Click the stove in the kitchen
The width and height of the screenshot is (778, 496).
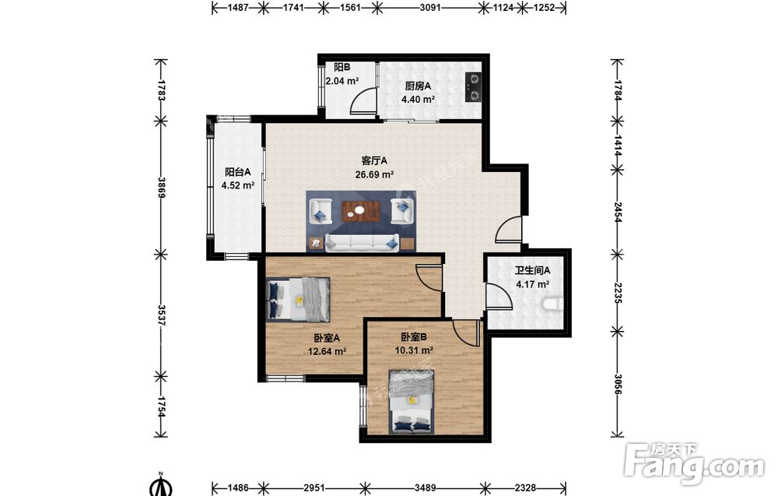473,87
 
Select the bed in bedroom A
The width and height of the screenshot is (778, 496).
298,300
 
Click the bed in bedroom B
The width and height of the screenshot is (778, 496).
412,401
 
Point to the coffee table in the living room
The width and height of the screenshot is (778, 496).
361,210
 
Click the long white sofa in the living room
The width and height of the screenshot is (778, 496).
362,242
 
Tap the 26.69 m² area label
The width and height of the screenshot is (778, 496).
374,174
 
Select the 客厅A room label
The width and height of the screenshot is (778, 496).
374,161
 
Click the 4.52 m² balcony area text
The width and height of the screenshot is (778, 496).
237,185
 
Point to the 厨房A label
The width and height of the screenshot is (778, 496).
418,86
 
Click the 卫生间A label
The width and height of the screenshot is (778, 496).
532,271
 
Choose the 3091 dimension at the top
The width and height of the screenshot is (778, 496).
429,8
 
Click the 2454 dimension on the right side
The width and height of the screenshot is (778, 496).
617,212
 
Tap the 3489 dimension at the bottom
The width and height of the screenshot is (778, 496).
426,487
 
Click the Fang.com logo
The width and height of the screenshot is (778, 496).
694,463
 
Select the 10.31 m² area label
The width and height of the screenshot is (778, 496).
414,350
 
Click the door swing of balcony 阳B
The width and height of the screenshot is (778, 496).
363,101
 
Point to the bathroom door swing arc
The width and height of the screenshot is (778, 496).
499,297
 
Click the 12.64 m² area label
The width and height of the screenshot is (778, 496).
327,351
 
